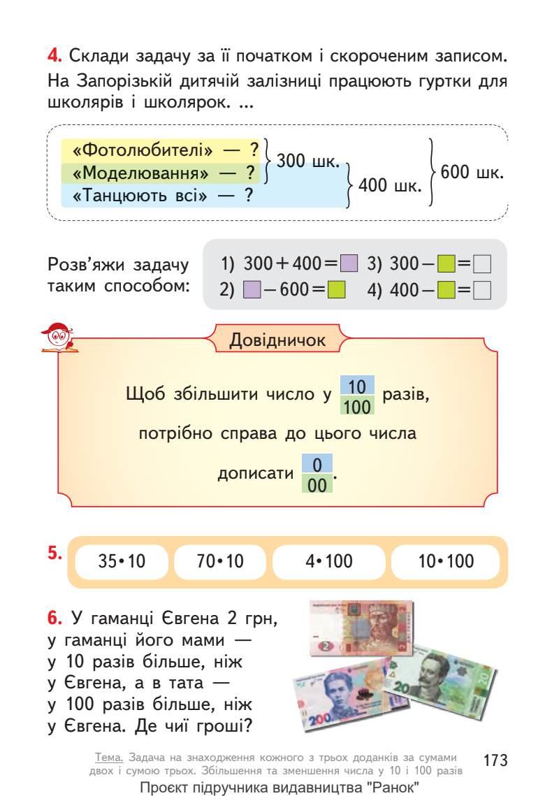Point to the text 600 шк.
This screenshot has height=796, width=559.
pyautogui.click(x=472, y=173)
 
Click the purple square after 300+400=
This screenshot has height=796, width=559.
pyautogui.click(x=349, y=264)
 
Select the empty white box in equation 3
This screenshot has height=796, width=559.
pyautogui.click(x=481, y=264)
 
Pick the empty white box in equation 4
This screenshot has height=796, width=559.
pyautogui.click(x=481, y=289)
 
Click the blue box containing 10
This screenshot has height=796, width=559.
pyautogui.click(x=357, y=386)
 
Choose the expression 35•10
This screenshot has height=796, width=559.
pyautogui.click(x=122, y=561)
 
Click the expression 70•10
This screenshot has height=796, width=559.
pyautogui.click(x=220, y=561)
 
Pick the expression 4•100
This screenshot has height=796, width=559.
pyautogui.click(x=328, y=561)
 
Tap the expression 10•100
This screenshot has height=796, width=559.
pyautogui.click(x=445, y=561)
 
